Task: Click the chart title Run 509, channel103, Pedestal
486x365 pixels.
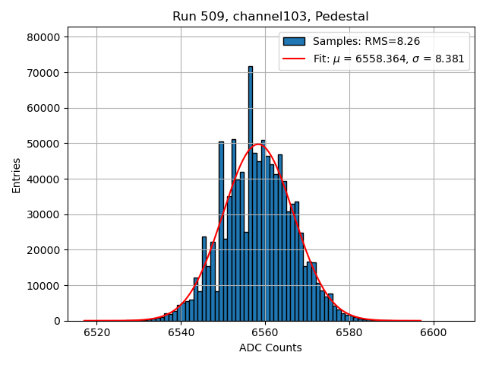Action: (x=270, y=17)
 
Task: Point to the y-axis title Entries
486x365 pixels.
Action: (x=17, y=175)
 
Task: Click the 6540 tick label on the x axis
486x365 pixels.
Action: (x=181, y=332)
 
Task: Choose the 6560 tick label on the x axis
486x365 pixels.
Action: (x=265, y=332)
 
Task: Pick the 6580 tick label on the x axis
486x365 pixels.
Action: (x=349, y=332)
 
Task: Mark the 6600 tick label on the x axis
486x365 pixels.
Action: (x=433, y=332)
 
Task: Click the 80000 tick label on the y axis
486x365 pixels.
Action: (x=46, y=37)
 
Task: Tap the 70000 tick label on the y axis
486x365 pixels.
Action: (x=46, y=73)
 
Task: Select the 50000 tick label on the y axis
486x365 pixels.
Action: (x=46, y=144)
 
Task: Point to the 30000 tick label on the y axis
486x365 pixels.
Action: (x=46, y=214)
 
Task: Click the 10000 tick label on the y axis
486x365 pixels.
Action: (x=46, y=286)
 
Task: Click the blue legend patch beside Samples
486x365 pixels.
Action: (x=295, y=42)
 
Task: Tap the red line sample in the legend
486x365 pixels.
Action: (x=295, y=59)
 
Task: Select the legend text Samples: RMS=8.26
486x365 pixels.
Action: (x=361, y=42)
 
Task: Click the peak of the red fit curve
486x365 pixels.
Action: (x=257, y=144)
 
